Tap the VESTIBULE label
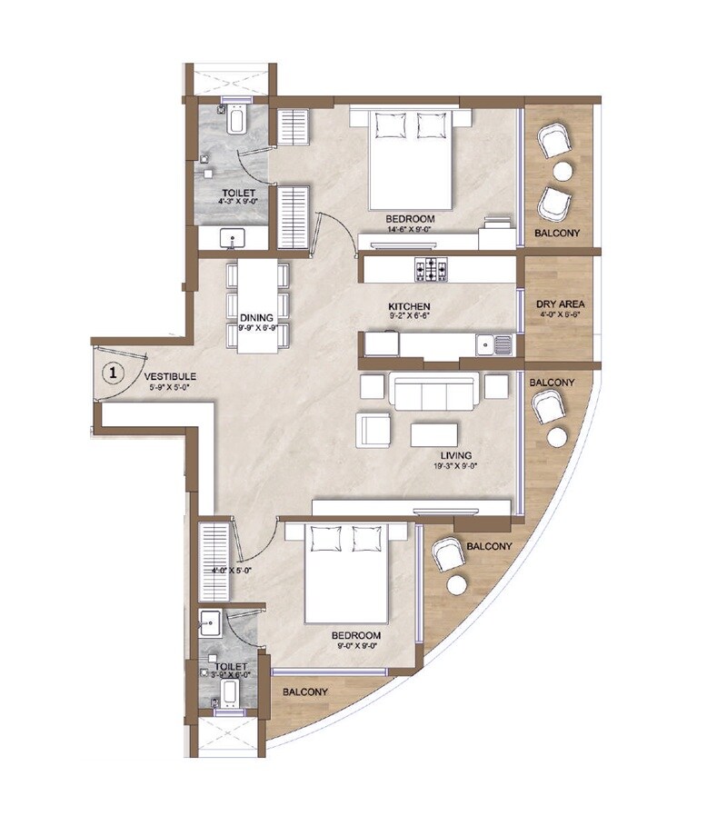[x=169, y=376]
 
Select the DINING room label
[x=257, y=317]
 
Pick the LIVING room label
[x=460, y=458]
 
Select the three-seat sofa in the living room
[x=435, y=392]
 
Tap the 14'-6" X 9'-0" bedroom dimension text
[x=410, y=231]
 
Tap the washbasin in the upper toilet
[x=234, y=238]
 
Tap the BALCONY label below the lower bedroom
[x=304, y=692]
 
